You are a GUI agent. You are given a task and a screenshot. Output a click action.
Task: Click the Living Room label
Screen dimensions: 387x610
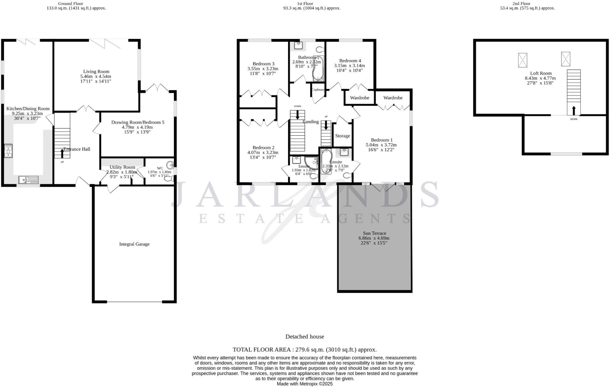pyautogui.click(x=96, y=71)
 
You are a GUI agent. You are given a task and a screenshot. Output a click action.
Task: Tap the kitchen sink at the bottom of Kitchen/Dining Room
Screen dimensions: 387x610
pyautogui.click(x=28, y=180)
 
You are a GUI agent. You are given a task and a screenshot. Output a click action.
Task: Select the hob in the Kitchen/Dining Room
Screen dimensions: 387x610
pyautogui.click(x=8, y=151)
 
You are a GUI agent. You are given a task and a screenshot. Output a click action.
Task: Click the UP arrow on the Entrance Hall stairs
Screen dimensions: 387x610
pyautogui.click(x=62, y=153)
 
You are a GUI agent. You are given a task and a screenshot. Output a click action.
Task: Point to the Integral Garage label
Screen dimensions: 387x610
pyautogui.click(x=134, y=244)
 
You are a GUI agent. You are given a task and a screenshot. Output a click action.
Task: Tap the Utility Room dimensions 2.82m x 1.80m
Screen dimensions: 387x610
pyautogui.click(x=122, y=172)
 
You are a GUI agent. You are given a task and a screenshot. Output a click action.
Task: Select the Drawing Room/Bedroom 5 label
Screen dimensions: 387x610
pyautogui.click(x=138, y=122)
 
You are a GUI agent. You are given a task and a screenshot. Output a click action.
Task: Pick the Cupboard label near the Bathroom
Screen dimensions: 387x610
pyautogui.click(x=318, y=90)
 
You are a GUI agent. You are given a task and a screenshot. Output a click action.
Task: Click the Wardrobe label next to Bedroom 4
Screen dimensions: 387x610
pyautogui.click(x=360, y=98)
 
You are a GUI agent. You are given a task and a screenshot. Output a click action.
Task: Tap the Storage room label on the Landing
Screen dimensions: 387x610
pyautogui.click(x=342, y=136)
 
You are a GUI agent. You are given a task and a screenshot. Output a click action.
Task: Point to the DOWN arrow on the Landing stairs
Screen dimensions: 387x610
pyautogui.click(x=297, y=115)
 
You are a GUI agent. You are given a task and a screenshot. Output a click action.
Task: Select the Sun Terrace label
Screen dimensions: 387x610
pyautogui.click(x=374, y=233)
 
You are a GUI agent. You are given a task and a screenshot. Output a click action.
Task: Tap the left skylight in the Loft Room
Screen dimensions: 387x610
pyautogui.click(x=522, y=60)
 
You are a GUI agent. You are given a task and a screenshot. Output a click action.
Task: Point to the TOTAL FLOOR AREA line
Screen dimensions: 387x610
pyautogui.click(x=304, y=350)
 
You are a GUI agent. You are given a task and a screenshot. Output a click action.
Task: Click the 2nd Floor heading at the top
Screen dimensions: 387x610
pyautogui.click(x=521, y=4)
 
